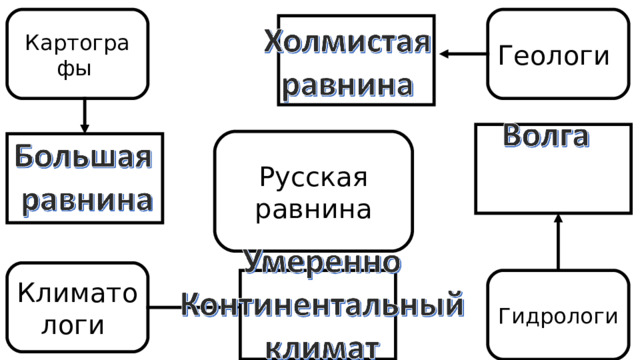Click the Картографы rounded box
77,54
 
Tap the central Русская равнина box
314,191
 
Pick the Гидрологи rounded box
557,315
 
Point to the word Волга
544,136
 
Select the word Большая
84,157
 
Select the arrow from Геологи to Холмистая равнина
462,55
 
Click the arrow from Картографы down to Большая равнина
84,116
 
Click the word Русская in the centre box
313,178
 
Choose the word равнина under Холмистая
347,84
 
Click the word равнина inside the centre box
313,210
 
